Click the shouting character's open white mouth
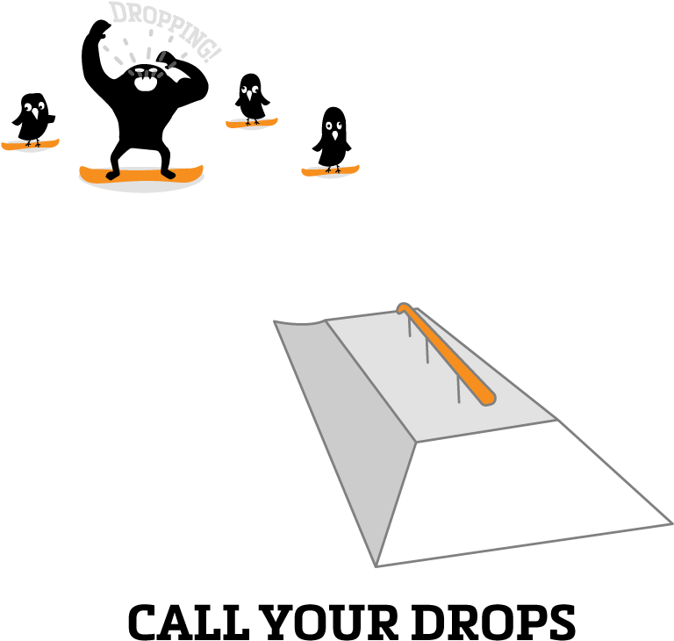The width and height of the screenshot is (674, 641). point(146,84)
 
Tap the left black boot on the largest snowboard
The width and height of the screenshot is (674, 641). point(113,174)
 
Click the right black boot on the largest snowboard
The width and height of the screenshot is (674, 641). point(168,174)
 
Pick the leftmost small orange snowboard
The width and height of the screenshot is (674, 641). point(30,144)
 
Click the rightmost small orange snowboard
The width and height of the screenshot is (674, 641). point(330,170)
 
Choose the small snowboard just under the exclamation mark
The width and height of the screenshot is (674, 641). point(252,123)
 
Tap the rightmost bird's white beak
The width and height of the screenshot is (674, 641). point(334,136)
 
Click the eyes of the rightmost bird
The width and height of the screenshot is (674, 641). point(333,126)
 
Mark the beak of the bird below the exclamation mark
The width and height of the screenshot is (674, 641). point(251,96)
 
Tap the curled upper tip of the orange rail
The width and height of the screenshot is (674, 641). point(403,308)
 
